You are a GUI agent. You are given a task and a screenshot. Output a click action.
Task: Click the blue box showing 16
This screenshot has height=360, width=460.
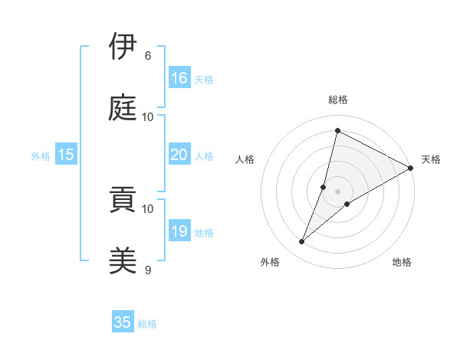click(x=179, y=78)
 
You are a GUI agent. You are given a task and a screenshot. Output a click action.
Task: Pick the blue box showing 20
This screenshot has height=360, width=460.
click(x=179, y=155)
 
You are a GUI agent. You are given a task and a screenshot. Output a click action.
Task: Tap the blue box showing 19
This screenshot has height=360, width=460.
click(x=179, y=231)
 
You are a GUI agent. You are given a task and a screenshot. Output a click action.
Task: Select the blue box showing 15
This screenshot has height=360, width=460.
click(x=66, y=155)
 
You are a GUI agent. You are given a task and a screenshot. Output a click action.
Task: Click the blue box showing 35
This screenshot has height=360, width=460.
click(x=123, y=322)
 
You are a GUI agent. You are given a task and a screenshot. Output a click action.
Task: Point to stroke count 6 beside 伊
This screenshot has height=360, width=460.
click(x=148, y=56)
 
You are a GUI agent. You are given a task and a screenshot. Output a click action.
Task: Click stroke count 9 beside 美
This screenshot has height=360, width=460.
click(x=148, y=270)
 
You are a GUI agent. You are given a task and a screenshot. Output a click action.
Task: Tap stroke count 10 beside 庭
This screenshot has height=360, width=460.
click(x=148, y=117)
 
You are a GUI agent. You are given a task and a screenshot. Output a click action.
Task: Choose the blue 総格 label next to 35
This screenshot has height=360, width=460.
click(x=147, y=324)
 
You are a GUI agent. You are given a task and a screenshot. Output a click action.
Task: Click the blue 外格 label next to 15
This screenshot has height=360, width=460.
click(x=41, y=156)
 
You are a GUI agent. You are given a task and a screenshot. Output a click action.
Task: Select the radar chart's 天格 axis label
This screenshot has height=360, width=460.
click(x=431, y=159)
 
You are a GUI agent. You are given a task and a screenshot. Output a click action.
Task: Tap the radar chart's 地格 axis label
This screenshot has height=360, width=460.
click(x=402, y=262)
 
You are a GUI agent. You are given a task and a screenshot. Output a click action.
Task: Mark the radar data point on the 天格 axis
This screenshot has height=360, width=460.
click(x=411, y=168)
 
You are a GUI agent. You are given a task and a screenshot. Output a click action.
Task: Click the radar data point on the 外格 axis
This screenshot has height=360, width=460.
click(x=302, y=242)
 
